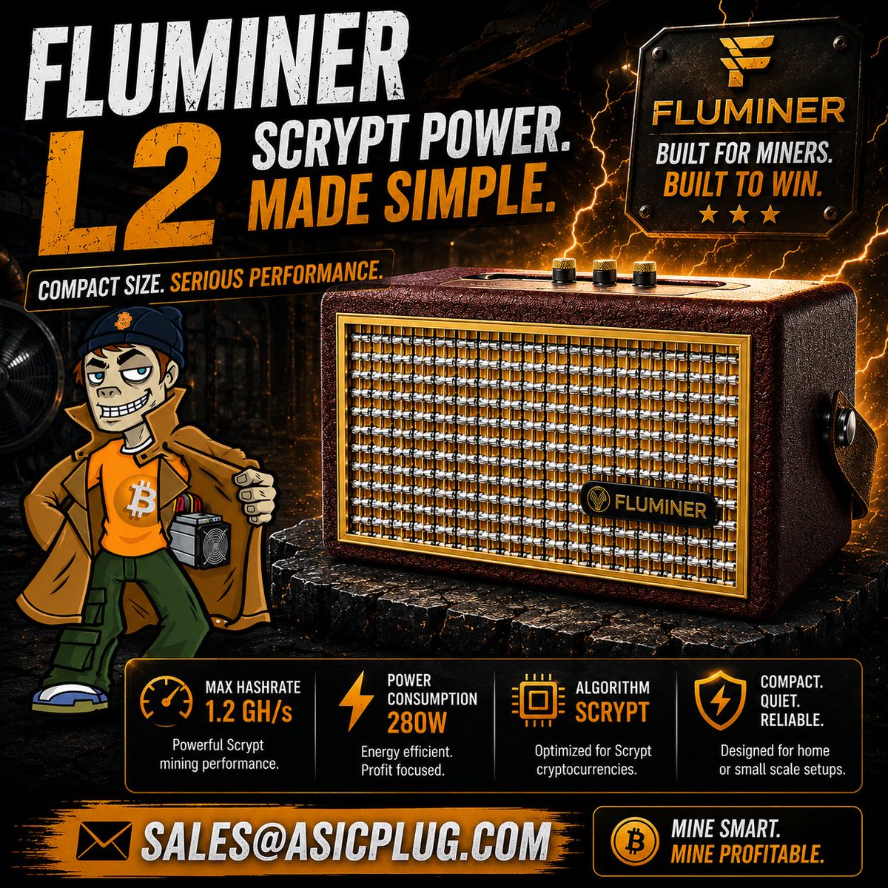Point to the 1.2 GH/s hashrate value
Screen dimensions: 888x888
tap(249, 712)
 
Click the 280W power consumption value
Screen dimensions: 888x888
tap(417, 722)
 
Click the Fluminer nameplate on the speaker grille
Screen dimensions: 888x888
tap(648, 504)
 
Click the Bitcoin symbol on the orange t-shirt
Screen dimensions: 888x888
tap(138, 499)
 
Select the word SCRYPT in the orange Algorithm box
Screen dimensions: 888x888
tap(612, 712)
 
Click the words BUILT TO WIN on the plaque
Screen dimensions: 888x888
tap(743, 184)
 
